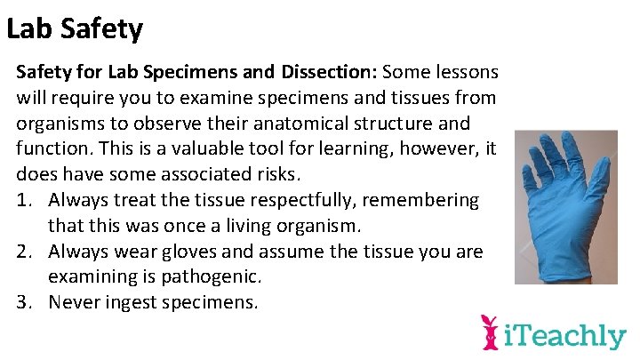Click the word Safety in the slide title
(x=102, y=29)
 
